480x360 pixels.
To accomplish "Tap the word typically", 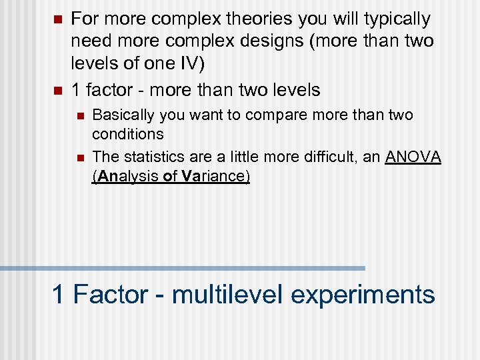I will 397,19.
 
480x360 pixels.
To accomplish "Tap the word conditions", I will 127,134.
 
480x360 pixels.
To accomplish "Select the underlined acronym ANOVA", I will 413,157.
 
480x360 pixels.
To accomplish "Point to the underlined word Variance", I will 214,177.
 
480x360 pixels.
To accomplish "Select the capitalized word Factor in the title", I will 108,294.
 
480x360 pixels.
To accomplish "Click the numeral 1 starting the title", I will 59,294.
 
